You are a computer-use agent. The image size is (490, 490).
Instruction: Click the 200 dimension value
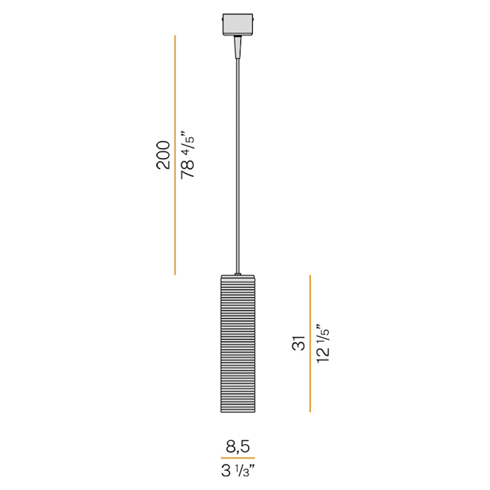point(163,155)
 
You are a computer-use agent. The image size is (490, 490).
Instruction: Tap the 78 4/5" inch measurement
point(188,157)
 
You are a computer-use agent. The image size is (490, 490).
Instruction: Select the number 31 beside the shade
point(299,343)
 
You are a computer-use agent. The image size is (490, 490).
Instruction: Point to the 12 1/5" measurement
point(323,343)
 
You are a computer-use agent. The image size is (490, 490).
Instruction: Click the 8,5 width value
point(238,447)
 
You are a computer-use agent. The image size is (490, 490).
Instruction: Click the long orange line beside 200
point(175,155)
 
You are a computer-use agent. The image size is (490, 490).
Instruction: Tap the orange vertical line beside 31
point(310,344)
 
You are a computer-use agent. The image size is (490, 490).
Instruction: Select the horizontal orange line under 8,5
point(238,458)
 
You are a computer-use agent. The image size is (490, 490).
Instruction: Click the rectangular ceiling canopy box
point(238,24)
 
